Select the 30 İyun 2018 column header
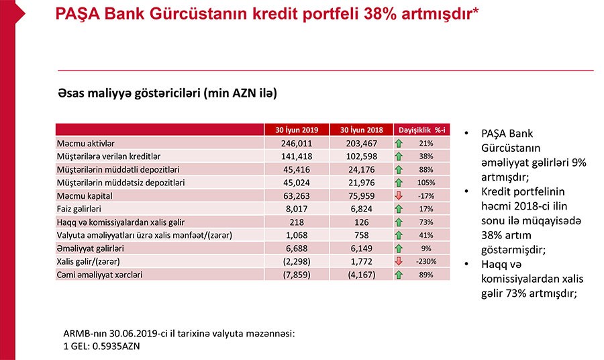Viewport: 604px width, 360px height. pos(362,130)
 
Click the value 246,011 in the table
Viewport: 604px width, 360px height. pos(296,143)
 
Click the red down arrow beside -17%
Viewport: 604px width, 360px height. pos(399,195)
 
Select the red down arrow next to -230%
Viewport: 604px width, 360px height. pos(399,261)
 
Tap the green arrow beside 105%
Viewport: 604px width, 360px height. pos(399,182)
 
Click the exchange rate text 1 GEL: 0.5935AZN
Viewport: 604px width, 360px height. pos(101,346)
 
